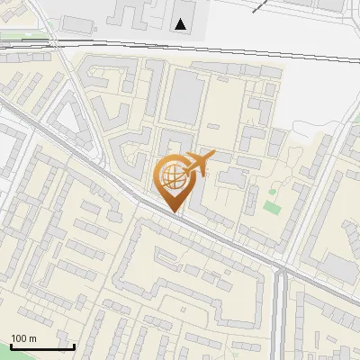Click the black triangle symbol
click(182, 24)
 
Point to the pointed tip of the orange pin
click(175, 211)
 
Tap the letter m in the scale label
click(32, 338)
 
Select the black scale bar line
click(42, 346)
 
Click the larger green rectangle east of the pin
click(272, 207)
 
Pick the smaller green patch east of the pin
click(273, 190)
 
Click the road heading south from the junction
click(283, 315)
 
